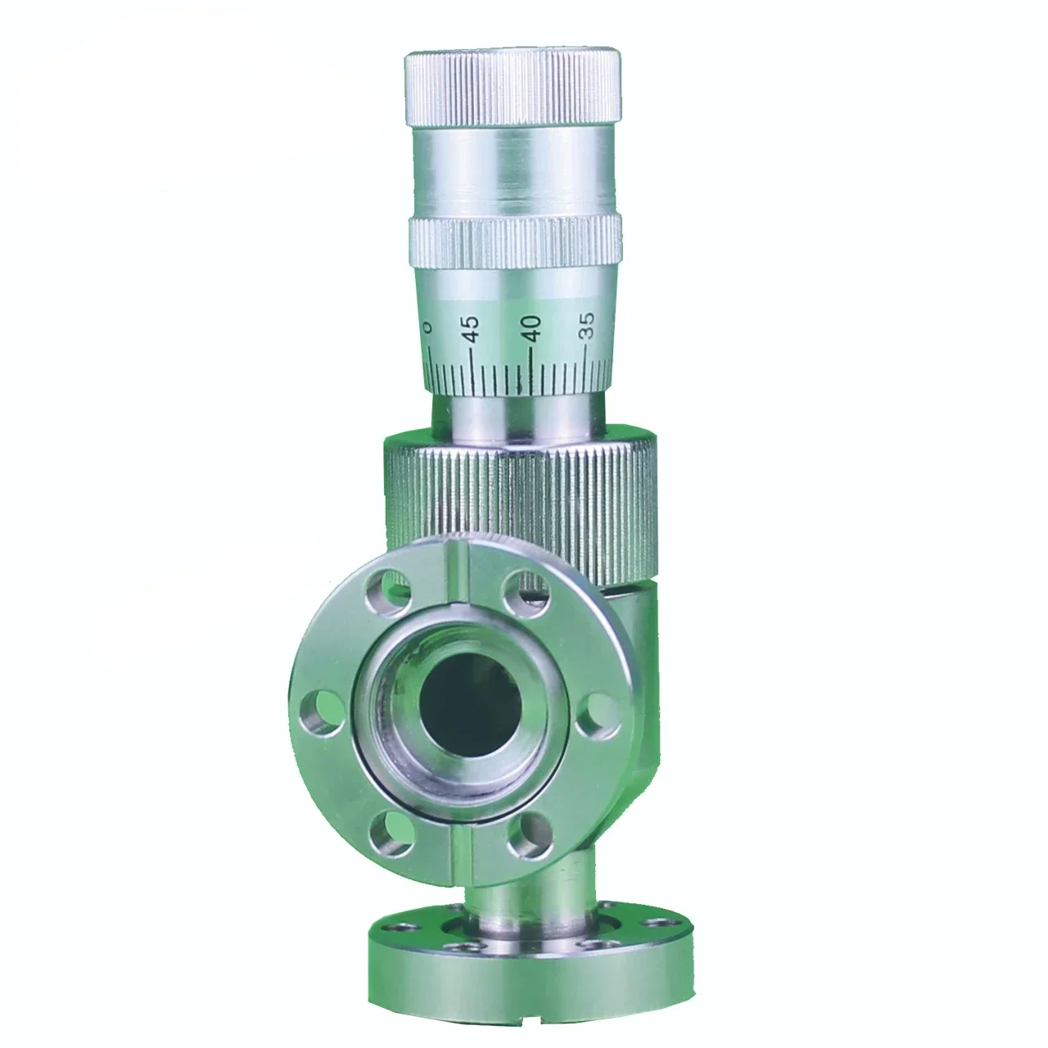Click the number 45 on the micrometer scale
[469, 329]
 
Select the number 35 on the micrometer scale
[586, 326]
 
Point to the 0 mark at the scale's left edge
[427, 327]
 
